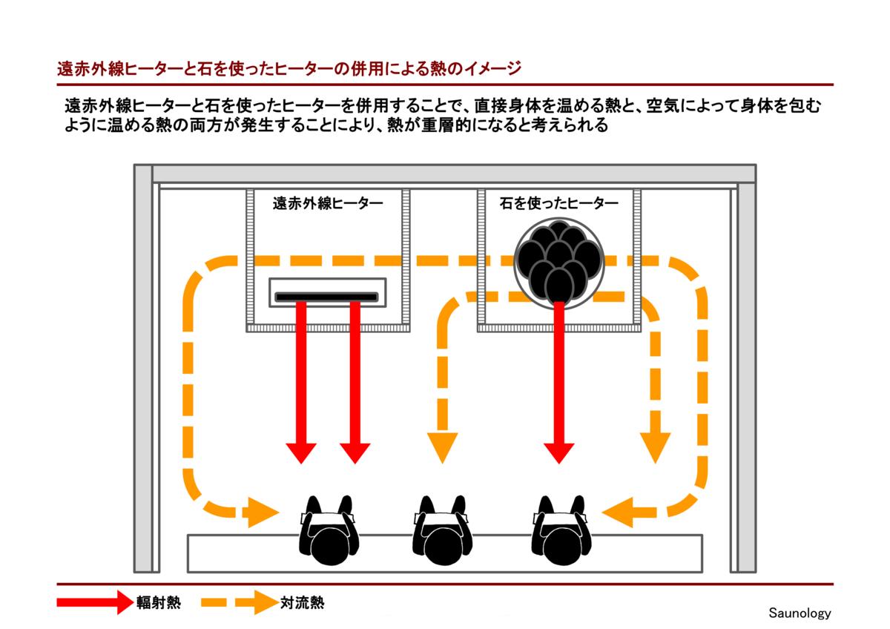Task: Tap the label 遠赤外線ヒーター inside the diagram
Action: tap(328, 202)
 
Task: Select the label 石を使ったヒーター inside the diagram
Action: tap(559, 202)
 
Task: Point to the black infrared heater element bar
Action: tap(328, 297)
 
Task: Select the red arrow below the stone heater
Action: tap(559, 386)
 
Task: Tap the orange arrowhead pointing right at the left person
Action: tap(263, 512)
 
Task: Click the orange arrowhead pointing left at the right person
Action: tap(617, 512)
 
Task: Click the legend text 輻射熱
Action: tap(158, 602)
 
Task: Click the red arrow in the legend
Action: tap(93, 602)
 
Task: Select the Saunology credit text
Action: tap(800, 613)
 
